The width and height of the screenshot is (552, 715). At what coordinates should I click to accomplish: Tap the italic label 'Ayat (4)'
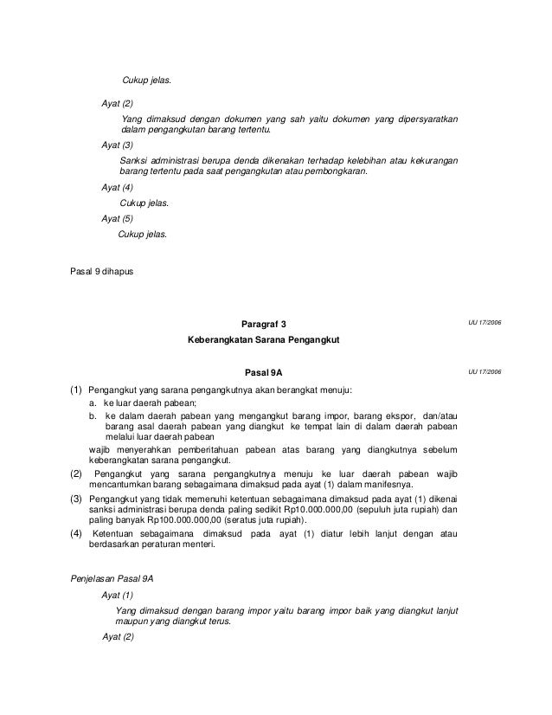[118, 187]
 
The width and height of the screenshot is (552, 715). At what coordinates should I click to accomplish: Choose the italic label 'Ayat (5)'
[118, 219]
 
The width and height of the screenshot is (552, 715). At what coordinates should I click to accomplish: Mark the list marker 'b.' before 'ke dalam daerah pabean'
[93, 415]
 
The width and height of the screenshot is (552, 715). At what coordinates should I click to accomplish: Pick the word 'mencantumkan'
[118, 487]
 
